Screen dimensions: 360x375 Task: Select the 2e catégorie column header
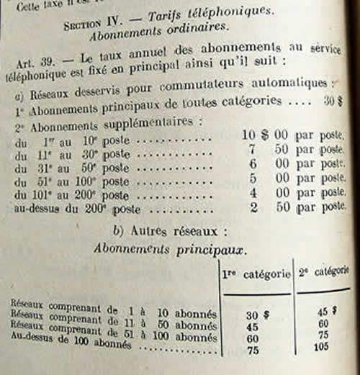click(323, 273)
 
